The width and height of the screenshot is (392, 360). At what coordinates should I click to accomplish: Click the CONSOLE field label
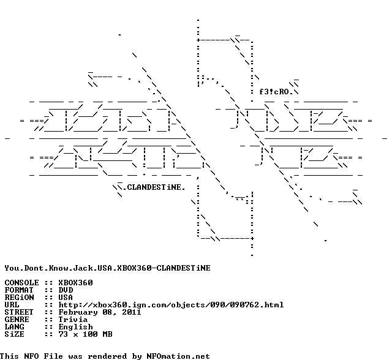pos(22,283)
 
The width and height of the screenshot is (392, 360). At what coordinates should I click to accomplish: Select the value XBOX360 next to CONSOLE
pos(75,283)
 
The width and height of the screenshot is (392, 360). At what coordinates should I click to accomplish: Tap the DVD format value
pos(66,290)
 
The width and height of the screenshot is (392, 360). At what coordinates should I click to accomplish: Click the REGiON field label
pos(19,298)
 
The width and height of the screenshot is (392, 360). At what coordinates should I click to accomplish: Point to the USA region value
pos(66,298)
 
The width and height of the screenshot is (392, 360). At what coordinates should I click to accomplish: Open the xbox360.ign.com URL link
pos(171,305)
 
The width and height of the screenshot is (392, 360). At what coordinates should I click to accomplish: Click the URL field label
pos(12,305)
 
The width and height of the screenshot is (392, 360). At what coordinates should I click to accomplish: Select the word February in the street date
pos(78,312)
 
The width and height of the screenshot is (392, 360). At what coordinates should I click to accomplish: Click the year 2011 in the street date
pos(132,312)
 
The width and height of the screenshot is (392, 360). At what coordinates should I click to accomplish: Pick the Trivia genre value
pos(73,320)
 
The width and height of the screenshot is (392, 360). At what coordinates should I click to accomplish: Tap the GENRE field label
pos(17,320)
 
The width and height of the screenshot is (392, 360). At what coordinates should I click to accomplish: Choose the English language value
pos(75,327)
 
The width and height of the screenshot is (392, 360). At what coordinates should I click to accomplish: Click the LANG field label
pos(14,327)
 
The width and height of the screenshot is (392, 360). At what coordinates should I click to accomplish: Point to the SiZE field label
pos(14,334)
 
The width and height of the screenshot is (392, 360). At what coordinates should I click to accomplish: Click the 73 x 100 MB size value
pos(85,334)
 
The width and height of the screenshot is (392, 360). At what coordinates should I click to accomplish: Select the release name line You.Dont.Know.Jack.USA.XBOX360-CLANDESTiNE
pos(108,268)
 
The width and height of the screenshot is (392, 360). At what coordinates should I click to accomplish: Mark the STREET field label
pos(19,312)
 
